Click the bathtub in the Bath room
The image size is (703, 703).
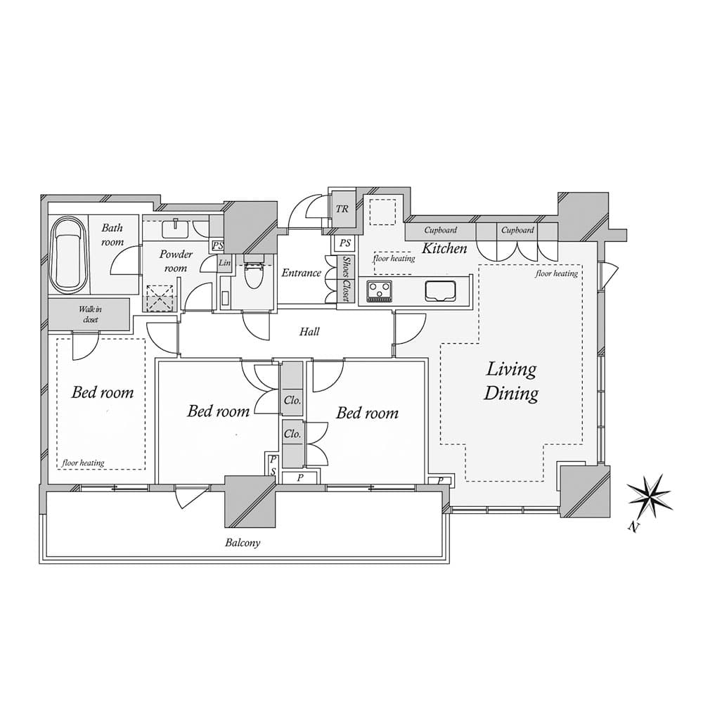click(68, 253)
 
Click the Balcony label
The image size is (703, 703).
click(243, 543)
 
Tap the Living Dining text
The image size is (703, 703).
click(511, 381)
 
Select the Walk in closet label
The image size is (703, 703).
click(89, 314)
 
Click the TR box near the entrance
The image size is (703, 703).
click(342, 209)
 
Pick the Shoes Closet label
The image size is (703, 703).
click(346, 279)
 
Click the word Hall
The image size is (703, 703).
click(309, 331)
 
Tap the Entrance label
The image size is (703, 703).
click(301, 273)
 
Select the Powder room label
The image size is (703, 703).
click(175, 261)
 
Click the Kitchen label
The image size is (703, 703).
click(444, 248)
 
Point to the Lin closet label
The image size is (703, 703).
click(225, 263)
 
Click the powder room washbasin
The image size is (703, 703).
click(173, 228)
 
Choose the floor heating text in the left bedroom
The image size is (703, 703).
click(83, 463)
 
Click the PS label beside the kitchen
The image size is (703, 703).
click(344, 243)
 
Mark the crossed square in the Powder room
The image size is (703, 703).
click(160, 298)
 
